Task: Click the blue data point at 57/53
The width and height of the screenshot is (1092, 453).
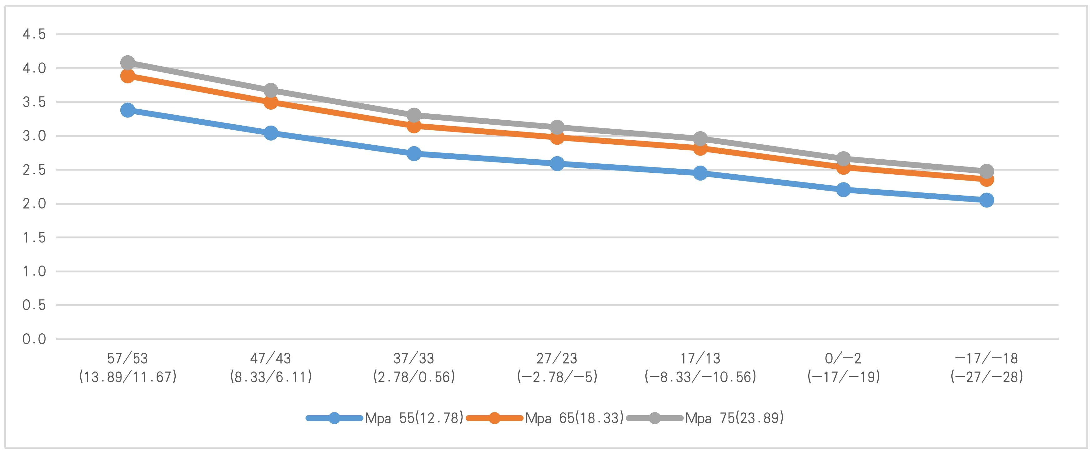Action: pos(128,110)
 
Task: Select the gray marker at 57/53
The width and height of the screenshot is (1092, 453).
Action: pos(128,63)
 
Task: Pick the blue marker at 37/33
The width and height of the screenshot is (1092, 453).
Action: pos(414,153)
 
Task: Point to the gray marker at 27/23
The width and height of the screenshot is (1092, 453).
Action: pos(557,127)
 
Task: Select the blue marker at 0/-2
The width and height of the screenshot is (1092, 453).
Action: pos(844,189)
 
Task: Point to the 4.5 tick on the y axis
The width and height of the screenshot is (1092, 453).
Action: pos(34,34)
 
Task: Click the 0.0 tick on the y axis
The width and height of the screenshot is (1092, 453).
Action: pos(34,339)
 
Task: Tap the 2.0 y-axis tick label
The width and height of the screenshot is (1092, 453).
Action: pos(34,203)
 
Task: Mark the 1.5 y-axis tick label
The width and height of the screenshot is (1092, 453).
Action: pos(34,237)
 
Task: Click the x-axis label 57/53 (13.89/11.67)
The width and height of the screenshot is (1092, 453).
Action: pos(128,367)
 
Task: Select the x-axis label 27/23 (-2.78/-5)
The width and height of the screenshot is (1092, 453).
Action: pos(557,367)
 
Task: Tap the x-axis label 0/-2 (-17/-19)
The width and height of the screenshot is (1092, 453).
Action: pos(844,367)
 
